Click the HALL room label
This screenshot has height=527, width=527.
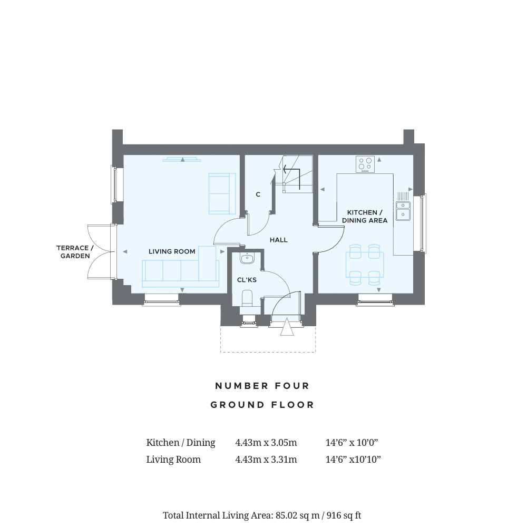click(279, 240)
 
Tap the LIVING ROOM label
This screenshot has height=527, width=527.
click(172, 251)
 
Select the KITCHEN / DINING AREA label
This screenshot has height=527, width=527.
click(365, 217)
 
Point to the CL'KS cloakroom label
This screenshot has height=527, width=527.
click(247, 280)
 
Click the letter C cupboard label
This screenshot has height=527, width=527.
click(258, 194)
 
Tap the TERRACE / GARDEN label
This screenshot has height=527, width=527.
click(75, 252)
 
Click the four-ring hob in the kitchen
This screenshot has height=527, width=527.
click(365, 164)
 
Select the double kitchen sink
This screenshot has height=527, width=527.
click(403, 211)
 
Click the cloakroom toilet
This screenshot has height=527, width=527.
click(247, 298)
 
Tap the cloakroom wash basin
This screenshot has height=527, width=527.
click(247, 258)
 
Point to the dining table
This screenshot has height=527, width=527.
click(365, 265)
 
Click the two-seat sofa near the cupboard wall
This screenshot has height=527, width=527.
click(222, 193)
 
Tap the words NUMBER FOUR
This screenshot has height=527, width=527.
click(262, 386)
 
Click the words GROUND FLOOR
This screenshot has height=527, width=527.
click(262, 405)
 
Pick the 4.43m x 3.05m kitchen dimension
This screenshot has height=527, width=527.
click(266, 443)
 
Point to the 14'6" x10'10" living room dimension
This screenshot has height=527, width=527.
click(353, 460)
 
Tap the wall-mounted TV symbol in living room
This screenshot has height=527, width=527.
click(182, 160)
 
